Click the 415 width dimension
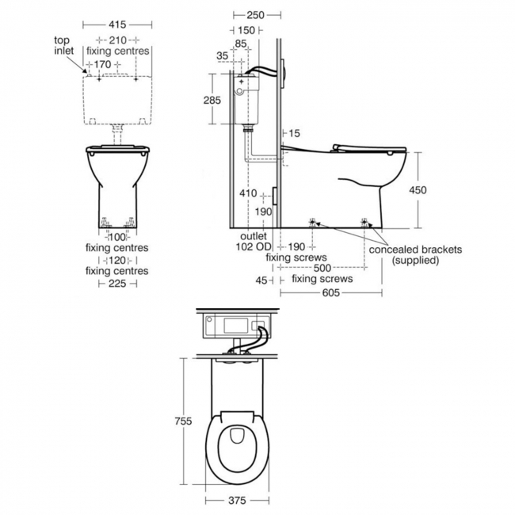(x=117, y=25)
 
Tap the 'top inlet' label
(x=63, y=46)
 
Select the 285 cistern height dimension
(x=212, y=100)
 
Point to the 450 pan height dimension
(x=418, y=190)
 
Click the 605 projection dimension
(x=330, y=292)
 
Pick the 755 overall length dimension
(x=183, y=421)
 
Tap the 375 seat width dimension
(x=237, y=501)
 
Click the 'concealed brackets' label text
(x=415, y=250)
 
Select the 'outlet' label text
(x=254, y=236)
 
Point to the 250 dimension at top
(x=256, y=15)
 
